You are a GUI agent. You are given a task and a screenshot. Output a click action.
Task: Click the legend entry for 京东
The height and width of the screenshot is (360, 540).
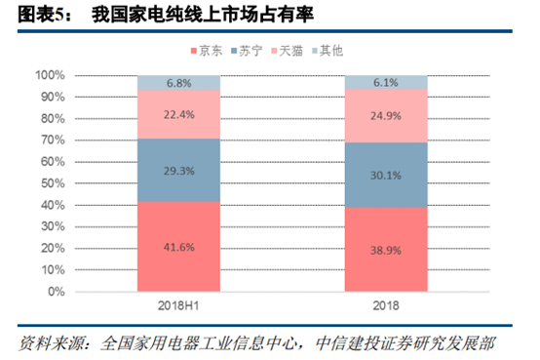pos(211,50)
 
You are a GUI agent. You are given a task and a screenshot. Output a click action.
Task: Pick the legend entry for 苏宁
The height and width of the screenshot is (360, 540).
pos(251,50)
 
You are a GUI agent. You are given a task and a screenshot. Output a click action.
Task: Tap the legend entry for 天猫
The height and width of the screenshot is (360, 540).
pos(291,50)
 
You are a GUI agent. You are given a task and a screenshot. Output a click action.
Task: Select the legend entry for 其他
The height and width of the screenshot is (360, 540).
pos(332,50)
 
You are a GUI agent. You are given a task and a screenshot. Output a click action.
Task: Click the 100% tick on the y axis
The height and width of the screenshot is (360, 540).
pos(50,75)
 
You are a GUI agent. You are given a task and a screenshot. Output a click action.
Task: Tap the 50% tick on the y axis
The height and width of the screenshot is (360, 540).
pos(53,183)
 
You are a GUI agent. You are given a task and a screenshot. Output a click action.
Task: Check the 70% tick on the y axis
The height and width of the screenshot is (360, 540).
pos(53,140)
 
